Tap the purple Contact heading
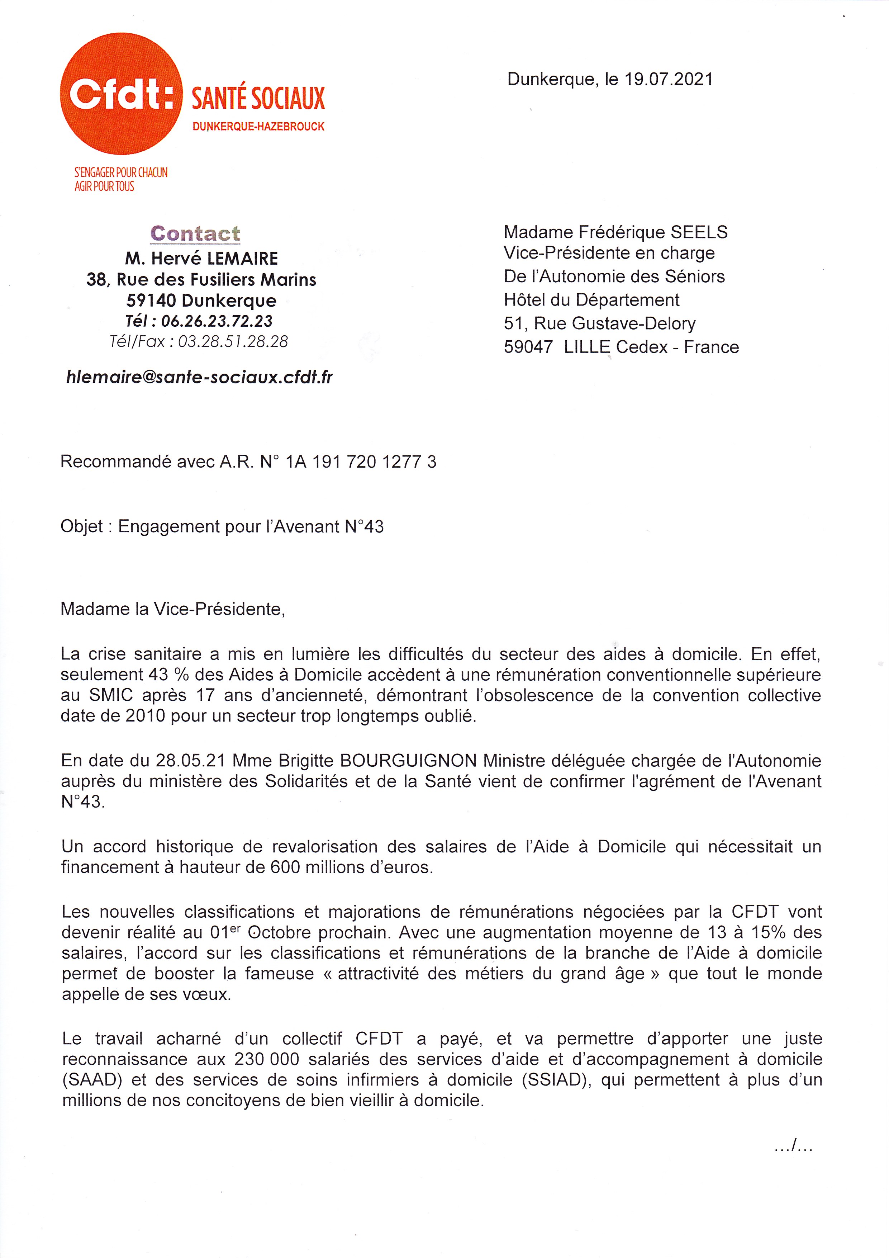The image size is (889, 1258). tap(195, 233)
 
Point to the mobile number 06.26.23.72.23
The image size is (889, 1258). tap(217, 321)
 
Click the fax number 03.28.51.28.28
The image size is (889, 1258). tap(233, 342)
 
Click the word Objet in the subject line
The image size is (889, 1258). tap(82, 526)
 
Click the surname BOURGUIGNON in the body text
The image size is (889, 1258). tap(406, 761)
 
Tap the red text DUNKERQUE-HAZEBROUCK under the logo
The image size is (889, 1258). tap(258, 127)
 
